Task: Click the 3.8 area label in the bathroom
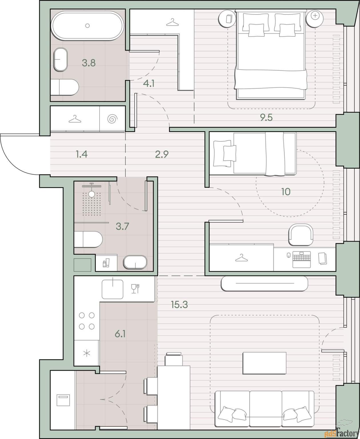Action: [x=89, y=63]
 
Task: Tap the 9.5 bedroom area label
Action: [x=266, y=117]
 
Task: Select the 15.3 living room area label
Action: [x=179, y=304]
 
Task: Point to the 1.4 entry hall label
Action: [x=82, y=154]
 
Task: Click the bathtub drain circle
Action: [x=87, y=26]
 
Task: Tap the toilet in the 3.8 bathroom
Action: [x=65, y=87]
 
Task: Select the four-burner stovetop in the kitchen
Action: [x=87, y=321]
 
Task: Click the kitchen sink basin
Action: [x=112, y=289]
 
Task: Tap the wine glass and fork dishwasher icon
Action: [x=135, y=289]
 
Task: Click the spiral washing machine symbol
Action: [x=112, y=119]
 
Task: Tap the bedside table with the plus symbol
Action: [x=315, y=19]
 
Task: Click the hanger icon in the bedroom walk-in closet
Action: [x=172, y=22]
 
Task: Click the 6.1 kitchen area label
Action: [x=120, y=334]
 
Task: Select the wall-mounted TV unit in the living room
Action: [x=264, y=284]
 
